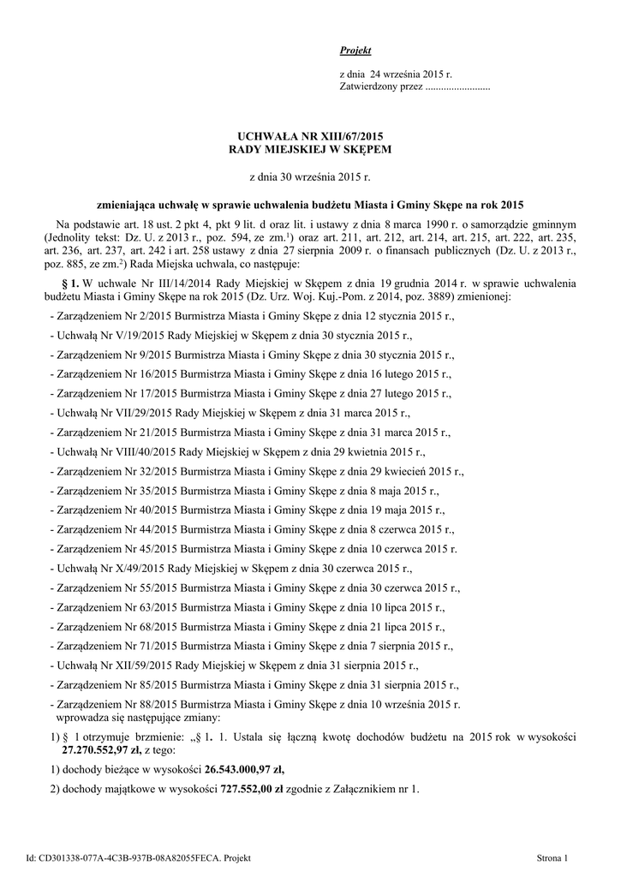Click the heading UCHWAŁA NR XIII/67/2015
[309, 136]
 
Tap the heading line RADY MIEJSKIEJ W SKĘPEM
[309, 149]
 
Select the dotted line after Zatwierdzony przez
[457, 87]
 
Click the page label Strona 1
[552, 857]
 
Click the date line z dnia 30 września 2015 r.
[309, 177]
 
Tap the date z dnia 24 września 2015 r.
[396, 75]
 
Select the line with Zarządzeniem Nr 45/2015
[254, 548]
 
